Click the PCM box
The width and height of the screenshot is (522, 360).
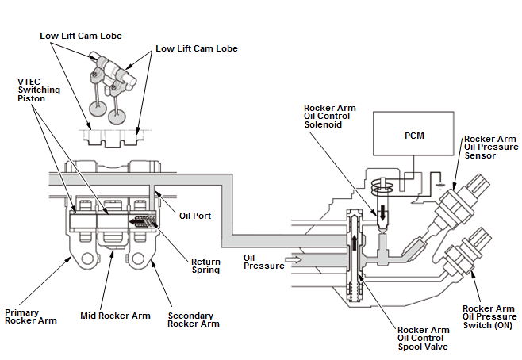pyautogui.click(x=413, y=133)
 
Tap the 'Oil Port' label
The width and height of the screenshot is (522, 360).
pyautogui.click(x=195, y=216)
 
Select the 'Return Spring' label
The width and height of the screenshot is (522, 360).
pyautogui.click(x=205, y=266)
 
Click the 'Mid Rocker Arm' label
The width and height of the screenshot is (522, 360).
pyautogui.click(x=115, y=316)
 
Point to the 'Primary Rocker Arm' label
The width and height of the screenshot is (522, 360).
pyautogui.click(x=31, y=316)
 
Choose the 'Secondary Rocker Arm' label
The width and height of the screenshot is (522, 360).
pyautogui.click(x=194, y=320)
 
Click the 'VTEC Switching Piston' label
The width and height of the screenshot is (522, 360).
pyautogui.click(x=39, y=90)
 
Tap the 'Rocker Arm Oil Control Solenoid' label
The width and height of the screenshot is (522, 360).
pyautogui.click(x=329, y=116)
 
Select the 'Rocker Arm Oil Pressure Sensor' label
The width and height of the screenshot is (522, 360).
pyautogui.click(x=491, y=147)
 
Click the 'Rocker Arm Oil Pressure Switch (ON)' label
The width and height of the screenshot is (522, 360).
pyautogui.click(x=489, y=316)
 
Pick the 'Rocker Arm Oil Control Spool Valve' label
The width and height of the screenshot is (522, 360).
pyautogui.click(x=423, y=338)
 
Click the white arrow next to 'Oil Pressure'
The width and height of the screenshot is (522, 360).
pyautogui.click(x=294, y=259)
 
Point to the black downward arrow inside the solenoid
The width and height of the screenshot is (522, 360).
pyautogui.click(x=382, y=213)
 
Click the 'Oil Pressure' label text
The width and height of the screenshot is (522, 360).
pyautogui.click(x=263, y=262)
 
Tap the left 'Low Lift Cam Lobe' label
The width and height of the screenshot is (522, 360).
pyautogui.click(x=81, y=36)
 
